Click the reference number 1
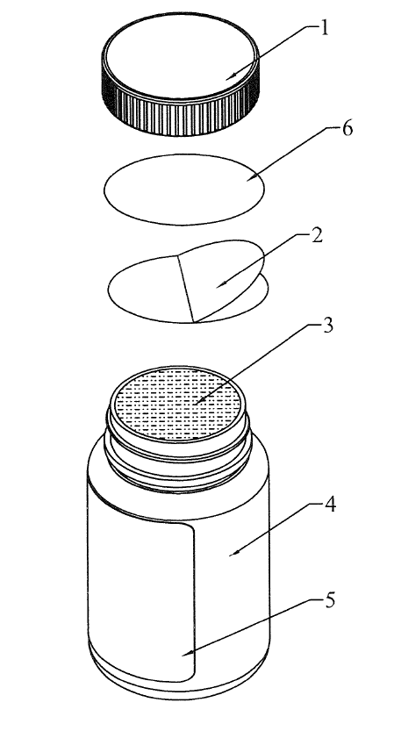tap(324, 28)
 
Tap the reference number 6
tap(347, 129)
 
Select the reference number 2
tap(316, 235)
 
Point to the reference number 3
tap(328, 326)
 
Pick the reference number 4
tap(330, 505)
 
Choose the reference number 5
tap(329, 600)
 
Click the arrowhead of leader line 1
tap(227, 79)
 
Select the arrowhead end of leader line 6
tap(247, 180)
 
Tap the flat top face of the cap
tap(180, 56)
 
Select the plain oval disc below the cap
tap(183, 190)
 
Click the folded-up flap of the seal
tap(219, 275)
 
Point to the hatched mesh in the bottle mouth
tap(180, 404)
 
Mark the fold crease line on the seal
tap(185, 289)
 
